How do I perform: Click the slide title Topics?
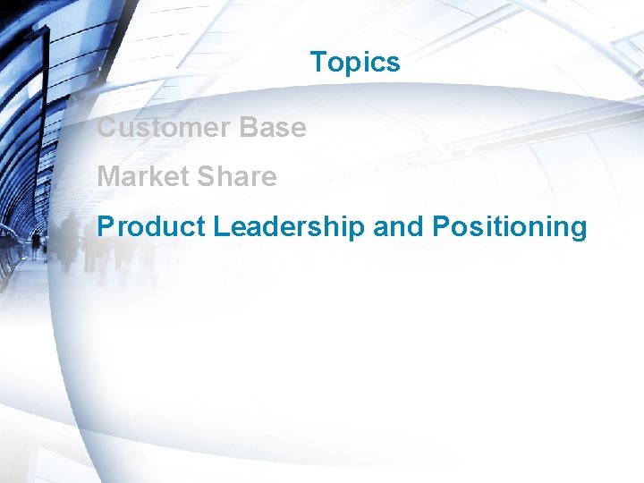[355, 63]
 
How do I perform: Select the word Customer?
[163, 128]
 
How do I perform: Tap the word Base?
[272, 128]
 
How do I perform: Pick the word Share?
[237, 177]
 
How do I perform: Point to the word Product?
[151, 227]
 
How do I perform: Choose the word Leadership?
[289, 227]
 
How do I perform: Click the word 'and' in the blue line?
[399, 227]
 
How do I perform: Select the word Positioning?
[509, 227]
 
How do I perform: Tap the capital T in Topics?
[318, 63]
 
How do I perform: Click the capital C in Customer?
[106, 128]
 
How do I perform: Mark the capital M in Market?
[108, 177]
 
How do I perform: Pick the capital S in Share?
[205, 177]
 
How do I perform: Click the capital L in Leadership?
[220, 227]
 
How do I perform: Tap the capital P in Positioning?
[441, 227]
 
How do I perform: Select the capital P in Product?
[106, 227]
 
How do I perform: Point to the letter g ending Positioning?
[579, 230]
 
